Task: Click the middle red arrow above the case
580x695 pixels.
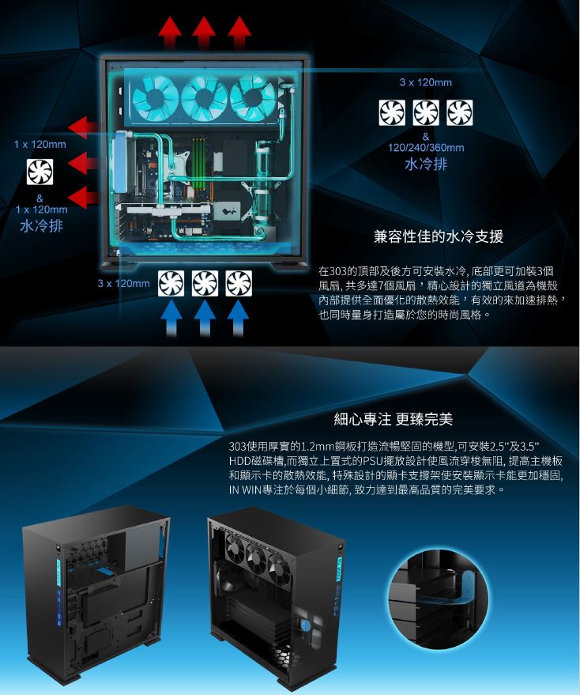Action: tap(204, 33)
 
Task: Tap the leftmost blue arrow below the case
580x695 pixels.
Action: tap(171, 319)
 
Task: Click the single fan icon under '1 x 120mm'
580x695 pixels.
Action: tap(40, 172)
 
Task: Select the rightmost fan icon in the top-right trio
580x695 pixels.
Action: tap(459, 112)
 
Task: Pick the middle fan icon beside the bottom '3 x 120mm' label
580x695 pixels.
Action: tap(205, 283)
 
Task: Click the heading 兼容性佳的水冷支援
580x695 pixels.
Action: tap(439, 236)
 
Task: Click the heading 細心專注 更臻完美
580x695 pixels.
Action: tap(393, 419)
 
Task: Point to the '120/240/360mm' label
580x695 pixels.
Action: tap(426, 148)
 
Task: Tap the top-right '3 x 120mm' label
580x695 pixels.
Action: tap(425, 82)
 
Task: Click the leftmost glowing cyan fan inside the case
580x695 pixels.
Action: tap(156, 98)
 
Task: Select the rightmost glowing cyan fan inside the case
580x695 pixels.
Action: tap(253, 98)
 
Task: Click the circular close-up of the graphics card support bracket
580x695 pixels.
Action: tap(439, 598)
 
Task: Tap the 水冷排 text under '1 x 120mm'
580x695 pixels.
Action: tap(41, 226)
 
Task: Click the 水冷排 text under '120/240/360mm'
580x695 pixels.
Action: tap(426, 164)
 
